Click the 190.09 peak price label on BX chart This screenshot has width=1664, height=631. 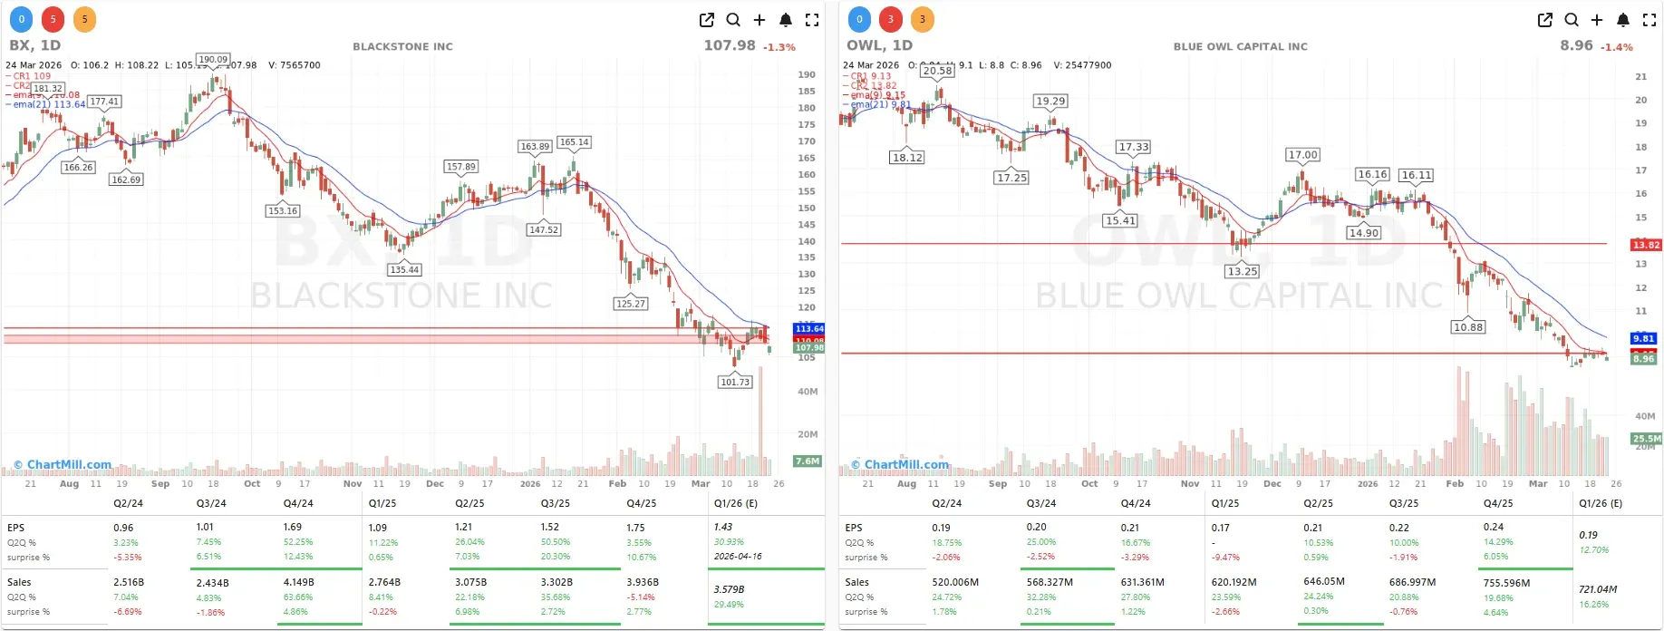pos(213,60)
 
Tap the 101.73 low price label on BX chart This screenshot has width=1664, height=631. pos(735,383)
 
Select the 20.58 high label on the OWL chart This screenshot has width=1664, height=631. pos(937,71)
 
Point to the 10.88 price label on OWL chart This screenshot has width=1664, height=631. pos(1467,327)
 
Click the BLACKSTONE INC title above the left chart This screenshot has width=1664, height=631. pos(402,46)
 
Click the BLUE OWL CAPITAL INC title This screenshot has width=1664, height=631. pos(1240,46)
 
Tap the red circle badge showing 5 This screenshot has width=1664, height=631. pos(53,19)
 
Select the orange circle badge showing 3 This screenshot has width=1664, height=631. pos(922,19)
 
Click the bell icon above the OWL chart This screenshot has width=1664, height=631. pos(1622,20)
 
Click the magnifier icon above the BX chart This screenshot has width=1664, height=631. pos(733,20)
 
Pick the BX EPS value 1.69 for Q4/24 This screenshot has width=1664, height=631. pos(293,527)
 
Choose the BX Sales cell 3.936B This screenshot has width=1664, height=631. pos(643,582)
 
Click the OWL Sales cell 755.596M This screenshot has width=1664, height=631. pos(1506,583)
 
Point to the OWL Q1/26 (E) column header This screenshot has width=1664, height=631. pos(1601,503)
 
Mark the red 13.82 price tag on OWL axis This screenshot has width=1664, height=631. pos(1646,245)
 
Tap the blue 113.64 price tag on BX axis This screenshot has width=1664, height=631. pos(808,328)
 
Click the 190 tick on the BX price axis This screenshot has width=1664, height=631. pos(807,74)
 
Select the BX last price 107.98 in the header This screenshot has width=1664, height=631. pos(729,45)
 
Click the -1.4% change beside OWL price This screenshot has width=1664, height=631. pos(1616,47)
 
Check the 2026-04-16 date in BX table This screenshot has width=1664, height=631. pos(738,557)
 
